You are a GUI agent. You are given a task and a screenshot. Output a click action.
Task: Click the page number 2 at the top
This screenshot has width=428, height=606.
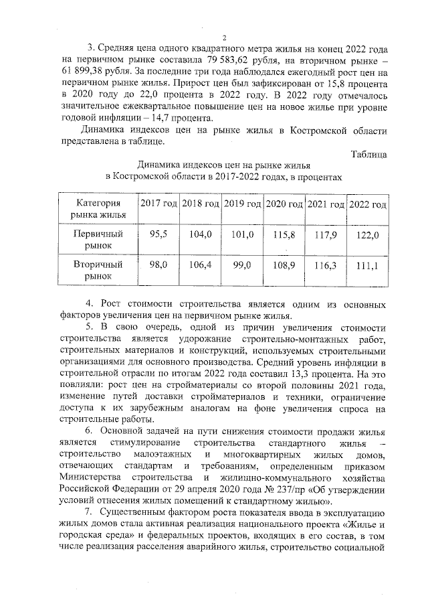pyautogui.click(x=225, y=38)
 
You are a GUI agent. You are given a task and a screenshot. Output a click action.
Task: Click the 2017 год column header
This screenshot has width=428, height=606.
pyautogui.click(x=158, y=204)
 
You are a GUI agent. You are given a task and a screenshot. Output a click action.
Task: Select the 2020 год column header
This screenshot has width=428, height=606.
pyautogui.click(x=284, y=204)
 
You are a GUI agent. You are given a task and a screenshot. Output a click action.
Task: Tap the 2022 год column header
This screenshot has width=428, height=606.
pyautogui.click(x=368, y=204)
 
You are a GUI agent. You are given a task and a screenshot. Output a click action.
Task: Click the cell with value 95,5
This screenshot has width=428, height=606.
pyautogui.click(x=158, y=234)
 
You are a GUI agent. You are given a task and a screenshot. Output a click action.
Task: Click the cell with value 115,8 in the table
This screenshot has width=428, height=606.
pyautogui.click(x=284, y=234)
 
